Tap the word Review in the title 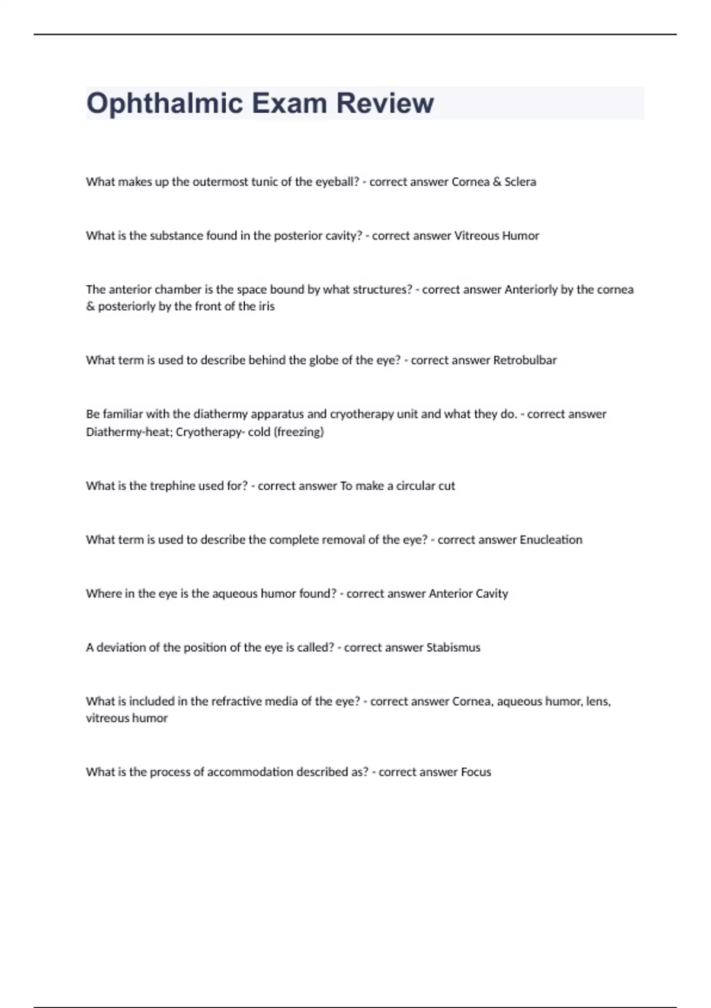(x=385, y=103)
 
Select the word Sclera (x=520, y=182)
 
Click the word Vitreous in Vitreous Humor (x=476, y=236)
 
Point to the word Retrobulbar (x=524, y=361)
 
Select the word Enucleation (x=550, y=540)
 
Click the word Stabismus (x=453, y=647)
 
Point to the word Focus (x=476, y=772)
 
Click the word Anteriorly (x=531, y=290)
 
